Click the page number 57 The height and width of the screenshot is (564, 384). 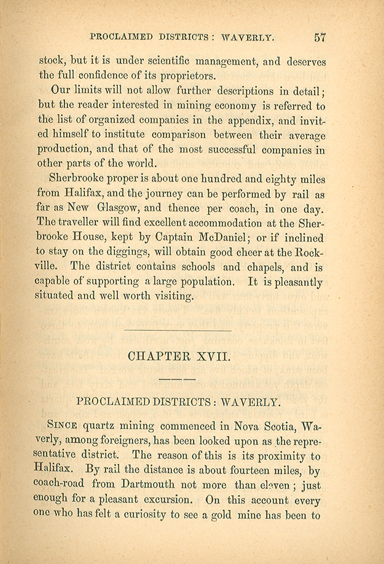coord(319,37)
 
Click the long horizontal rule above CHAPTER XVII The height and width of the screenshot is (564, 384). coord(178,331)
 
